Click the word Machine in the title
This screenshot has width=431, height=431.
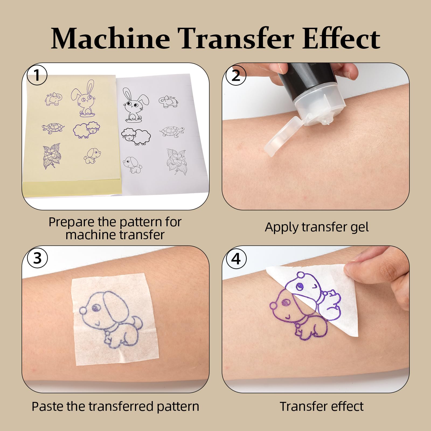tap(110, 38)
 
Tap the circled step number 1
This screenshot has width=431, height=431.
tap(37, 75)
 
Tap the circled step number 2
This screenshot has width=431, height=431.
tap(236, 75)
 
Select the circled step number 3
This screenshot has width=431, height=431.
tap(37, 258)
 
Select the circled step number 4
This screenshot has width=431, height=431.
tap(236, 258)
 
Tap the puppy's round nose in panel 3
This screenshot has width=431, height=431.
tap(83, 311)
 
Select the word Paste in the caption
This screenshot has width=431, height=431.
tap(48, 406)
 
